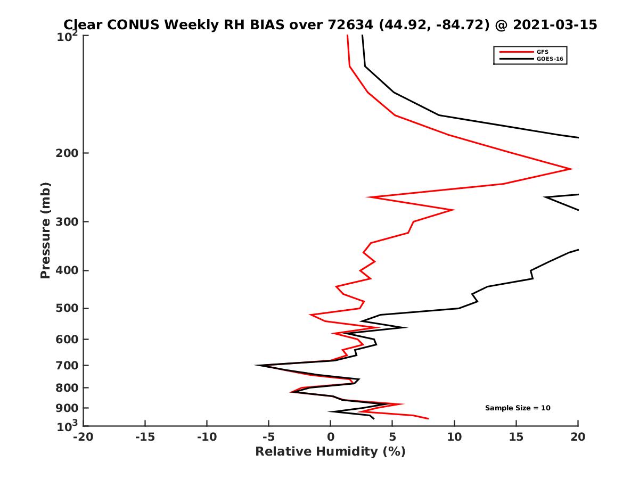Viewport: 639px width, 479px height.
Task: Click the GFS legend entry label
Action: coord(543,52)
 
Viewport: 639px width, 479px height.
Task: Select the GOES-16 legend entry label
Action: coord(550,59)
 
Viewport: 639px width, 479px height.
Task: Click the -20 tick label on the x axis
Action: coord(83,437)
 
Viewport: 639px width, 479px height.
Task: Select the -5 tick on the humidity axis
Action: coord(268,437)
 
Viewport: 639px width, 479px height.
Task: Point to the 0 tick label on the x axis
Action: coord(331,437)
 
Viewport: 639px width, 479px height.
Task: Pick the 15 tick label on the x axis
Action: coord(516,437)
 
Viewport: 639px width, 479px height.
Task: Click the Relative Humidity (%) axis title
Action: coord(330,452)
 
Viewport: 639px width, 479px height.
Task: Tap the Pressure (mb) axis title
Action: coord(45,230)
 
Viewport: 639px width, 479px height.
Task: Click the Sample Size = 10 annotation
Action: coord(518,408)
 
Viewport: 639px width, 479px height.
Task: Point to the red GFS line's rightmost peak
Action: coord(571,169)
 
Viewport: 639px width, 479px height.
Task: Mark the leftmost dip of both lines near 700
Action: coord(256,365)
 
